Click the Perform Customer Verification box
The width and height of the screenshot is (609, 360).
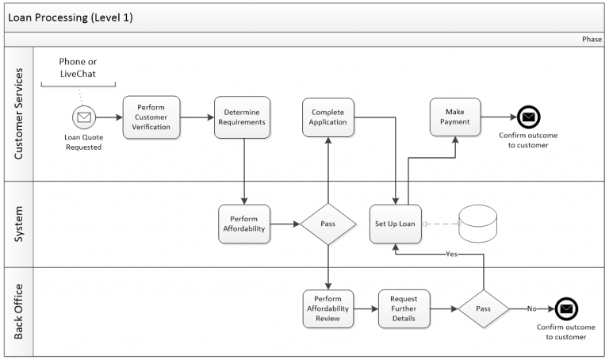151,117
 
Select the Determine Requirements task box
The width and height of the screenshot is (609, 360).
243,117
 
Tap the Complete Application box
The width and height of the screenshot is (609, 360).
328,117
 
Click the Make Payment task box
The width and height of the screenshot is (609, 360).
455,117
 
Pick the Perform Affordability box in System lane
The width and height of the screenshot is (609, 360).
243,224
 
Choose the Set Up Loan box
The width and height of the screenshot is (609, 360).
395,224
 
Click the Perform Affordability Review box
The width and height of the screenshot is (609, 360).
327,308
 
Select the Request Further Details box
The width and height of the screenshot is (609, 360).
403,308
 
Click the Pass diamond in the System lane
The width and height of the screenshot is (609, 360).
327,224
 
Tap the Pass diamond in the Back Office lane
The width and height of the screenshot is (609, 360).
483,308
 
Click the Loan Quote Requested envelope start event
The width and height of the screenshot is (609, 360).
83,117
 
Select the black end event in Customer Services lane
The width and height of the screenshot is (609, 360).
528,117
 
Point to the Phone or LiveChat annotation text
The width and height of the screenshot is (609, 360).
83,67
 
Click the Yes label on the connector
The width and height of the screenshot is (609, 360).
451,255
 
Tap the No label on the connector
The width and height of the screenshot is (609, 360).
531,308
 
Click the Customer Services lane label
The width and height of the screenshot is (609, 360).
19,113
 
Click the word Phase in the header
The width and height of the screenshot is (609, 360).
592,39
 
